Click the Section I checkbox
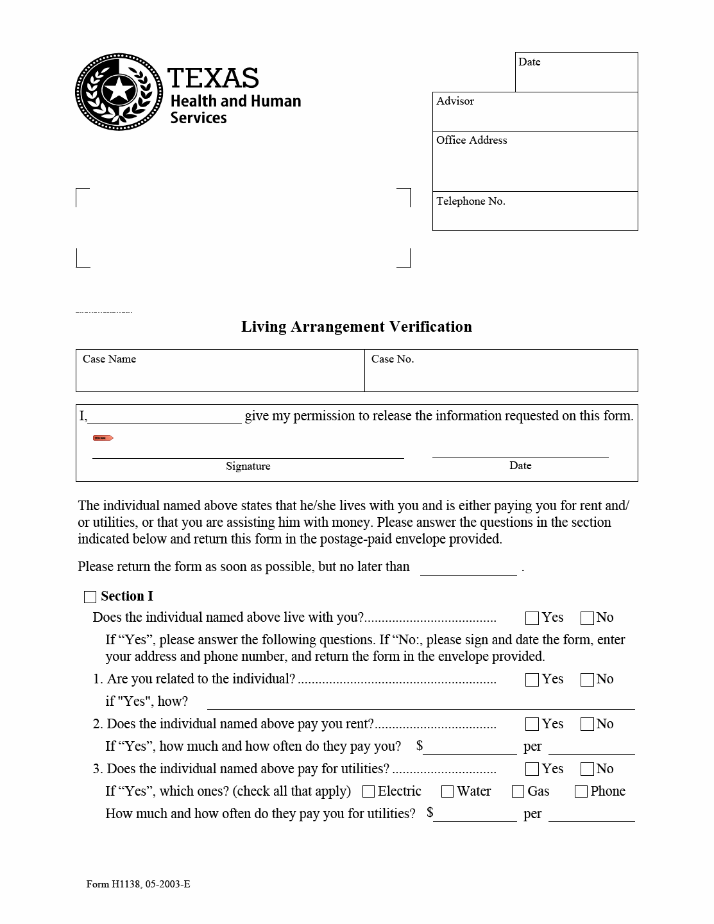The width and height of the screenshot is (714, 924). [90, 597]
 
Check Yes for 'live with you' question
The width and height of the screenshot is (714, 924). [532, 618]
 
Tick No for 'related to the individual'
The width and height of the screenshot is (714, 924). [587, 680]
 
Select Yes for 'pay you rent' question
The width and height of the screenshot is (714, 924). [532, 724]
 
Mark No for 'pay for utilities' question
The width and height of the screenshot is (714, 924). [587, 769]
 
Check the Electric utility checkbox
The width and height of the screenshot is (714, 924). [368, 792]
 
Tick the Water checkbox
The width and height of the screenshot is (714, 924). [447, 792]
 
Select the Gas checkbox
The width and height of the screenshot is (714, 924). [518, 792]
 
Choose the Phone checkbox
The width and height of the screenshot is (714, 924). [581, 792]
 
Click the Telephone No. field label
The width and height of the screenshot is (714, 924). [470, 201]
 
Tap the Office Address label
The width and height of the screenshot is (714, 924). [472, 141]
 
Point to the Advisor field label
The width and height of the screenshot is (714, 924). [455, 101]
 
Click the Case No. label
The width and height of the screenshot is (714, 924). [392, 359]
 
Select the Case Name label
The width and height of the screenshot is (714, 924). [109, 359]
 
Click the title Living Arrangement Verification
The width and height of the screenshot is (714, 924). [356, 327]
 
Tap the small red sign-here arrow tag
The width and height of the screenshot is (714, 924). [103, 438]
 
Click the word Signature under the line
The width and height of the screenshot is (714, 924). [248, 466]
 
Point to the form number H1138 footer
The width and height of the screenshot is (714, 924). [138, 884]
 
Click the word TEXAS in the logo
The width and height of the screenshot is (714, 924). [213, 78]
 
